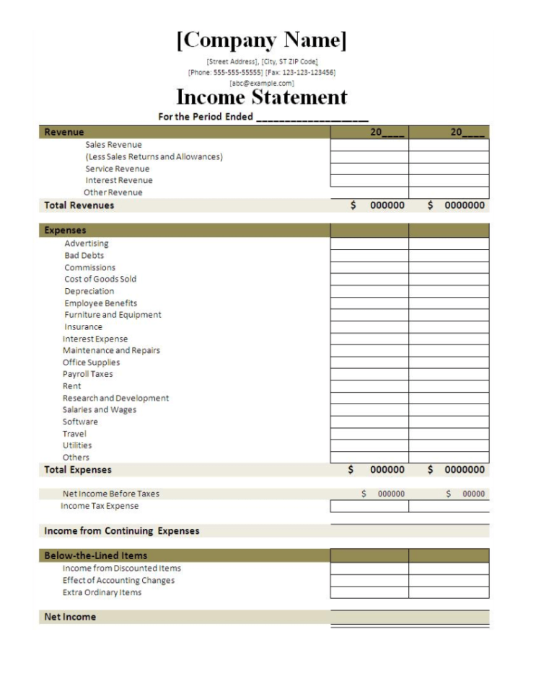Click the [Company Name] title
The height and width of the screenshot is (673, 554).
click(262, 40)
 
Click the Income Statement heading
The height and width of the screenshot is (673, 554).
click(262, 97)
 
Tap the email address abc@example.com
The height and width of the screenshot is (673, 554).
click(262, 83)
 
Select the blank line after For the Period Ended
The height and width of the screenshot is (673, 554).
click(312, 117)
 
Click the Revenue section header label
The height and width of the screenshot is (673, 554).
click(64, 132)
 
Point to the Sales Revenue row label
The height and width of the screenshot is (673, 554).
click(113, 145)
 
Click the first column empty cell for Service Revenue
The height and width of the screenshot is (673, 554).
click(369, 169)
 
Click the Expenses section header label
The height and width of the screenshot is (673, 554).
click(65, 231)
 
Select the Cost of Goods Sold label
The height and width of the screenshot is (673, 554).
click(100, 279)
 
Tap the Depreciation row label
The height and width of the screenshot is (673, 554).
click(89, 291)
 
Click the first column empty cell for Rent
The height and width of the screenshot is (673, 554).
click(369, 386)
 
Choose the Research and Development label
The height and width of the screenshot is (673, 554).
click(115, 398)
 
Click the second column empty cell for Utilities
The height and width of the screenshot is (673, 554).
click(449, 445)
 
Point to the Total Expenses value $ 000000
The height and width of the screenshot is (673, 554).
click(377, 470)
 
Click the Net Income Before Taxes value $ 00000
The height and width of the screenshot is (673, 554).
click(465, 494)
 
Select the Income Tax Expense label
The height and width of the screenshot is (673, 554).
click(100, 506)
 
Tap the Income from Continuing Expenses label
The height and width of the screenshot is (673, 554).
click(122, 531)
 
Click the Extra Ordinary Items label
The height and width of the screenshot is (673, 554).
click(102, 592)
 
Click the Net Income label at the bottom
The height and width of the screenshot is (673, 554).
click(70, 617)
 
